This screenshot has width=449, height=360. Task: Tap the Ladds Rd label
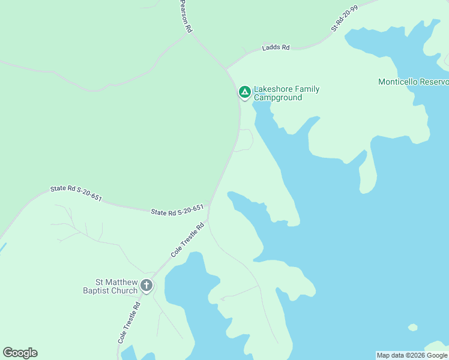(x=276, y=47)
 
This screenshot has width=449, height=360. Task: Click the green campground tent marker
(x=244, y=92)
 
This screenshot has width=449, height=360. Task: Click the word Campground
(x=278, y=98)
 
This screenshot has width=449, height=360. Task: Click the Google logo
(x=20, y=353)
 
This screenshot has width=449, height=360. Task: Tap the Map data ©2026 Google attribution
(x=412, y=355)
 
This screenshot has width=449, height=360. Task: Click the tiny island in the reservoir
(x=412, y=328)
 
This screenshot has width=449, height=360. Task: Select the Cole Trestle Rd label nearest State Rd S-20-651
(x=188, y=239)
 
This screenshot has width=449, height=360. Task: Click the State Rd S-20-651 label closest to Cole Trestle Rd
(x=178, y=211)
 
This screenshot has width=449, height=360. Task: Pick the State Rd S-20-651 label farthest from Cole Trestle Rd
(x=76, y=192)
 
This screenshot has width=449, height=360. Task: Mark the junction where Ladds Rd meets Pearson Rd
(x=226, y=69)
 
